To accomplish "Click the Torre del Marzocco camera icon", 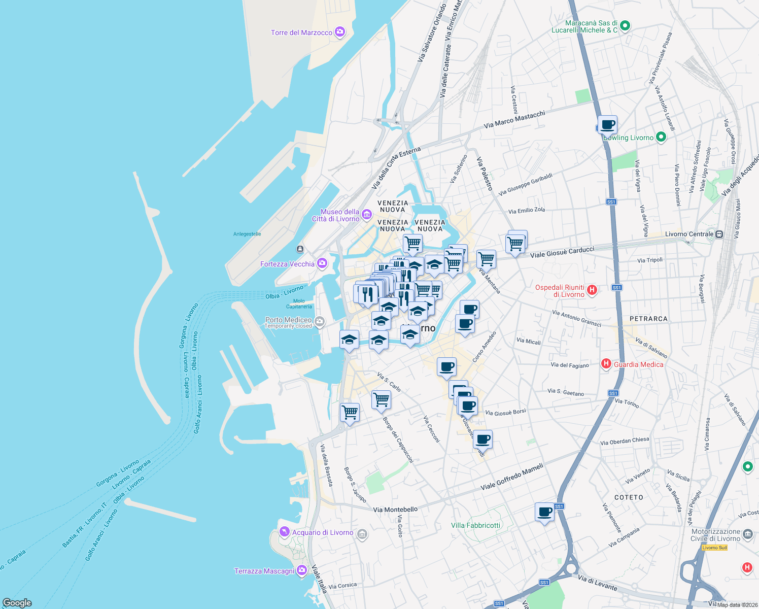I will tap(340, 32).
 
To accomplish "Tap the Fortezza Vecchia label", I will tap(287, 264).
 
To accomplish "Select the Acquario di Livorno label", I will tap(323, 532).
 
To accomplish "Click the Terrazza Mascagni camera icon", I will tap(301, 571).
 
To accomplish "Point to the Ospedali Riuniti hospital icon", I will tap(592, 290).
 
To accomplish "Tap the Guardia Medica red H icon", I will tap(606, 363).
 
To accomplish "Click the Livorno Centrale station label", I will tap(688, 234).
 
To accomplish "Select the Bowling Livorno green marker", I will tap(661, 137).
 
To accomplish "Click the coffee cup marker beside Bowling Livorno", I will tap(607, 124).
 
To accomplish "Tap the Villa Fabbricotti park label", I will tap(475, 525).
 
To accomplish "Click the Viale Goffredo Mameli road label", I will tap(512, 477).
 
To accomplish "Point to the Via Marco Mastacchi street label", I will tap(514, 120).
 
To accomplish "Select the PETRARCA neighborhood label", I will tap(648, 319).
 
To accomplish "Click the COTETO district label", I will tap(629, 497).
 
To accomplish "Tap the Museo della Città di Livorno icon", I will tap(367, 215).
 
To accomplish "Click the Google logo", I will tap(17, 603).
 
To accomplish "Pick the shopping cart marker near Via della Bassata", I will tap(350, 412).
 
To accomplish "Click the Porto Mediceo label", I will tap(288, 320).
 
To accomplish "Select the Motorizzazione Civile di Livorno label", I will tap(715, 535).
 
